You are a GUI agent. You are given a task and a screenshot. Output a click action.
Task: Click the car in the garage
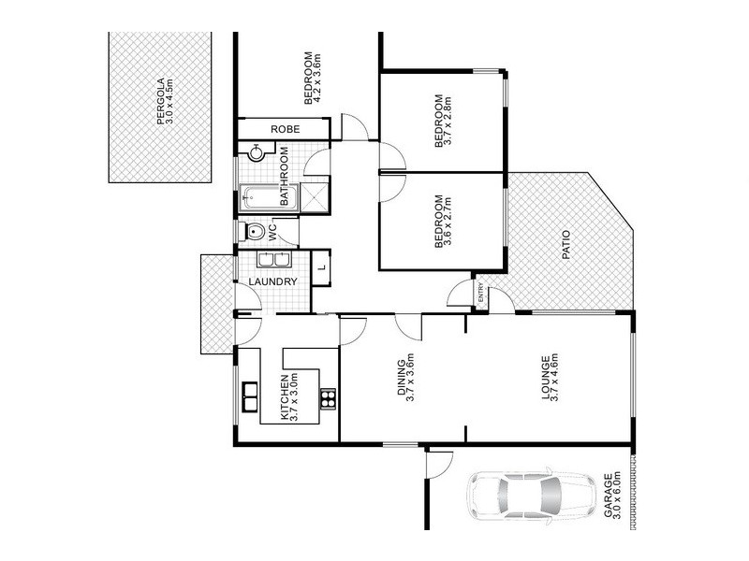point(529,495)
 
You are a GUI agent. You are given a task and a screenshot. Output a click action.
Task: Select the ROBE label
point(285,129)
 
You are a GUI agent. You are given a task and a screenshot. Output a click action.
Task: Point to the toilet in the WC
point(254,231)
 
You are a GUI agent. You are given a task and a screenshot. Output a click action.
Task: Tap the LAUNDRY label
point(273,281)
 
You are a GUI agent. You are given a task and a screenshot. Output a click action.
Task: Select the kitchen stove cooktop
point(328,399)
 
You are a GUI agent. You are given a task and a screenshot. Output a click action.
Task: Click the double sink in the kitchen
point(251,396)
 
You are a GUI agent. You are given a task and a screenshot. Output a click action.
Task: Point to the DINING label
point(402,379)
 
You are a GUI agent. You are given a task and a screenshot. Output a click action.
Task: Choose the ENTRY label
point(481,294)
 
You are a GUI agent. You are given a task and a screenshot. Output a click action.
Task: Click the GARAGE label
point(608,496)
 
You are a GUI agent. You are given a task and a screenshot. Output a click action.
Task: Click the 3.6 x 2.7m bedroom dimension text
point(448,222)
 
